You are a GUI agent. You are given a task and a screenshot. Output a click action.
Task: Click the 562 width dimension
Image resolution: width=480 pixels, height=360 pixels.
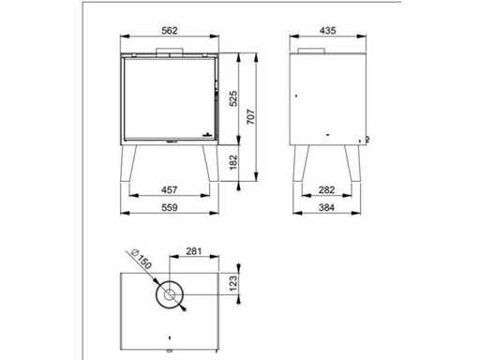[x=170, y=31]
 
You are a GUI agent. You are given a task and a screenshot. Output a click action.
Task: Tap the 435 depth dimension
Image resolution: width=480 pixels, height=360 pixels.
[x=328, y=31]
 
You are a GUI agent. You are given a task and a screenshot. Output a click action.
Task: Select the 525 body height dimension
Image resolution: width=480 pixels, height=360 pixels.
[x=233, y=98]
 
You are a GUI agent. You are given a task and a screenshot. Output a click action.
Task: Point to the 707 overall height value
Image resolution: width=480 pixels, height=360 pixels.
[x=251, y=116]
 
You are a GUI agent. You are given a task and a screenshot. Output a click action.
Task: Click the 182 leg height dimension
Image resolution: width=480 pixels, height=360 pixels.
[x=233, y=162]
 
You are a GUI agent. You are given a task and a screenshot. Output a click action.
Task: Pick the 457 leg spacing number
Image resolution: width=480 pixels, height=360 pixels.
[x=170, y=189]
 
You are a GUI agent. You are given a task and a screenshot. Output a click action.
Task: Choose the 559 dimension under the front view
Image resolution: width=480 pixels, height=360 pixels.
[x=170, y=207]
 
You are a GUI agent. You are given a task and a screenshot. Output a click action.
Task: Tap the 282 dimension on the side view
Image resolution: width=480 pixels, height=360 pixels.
[x=327, y=189]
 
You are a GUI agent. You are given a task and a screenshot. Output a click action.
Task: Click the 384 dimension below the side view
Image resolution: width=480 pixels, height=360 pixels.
[x=327, y=207]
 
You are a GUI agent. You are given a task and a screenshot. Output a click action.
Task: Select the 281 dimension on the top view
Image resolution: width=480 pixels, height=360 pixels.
[x=194, y=251]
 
